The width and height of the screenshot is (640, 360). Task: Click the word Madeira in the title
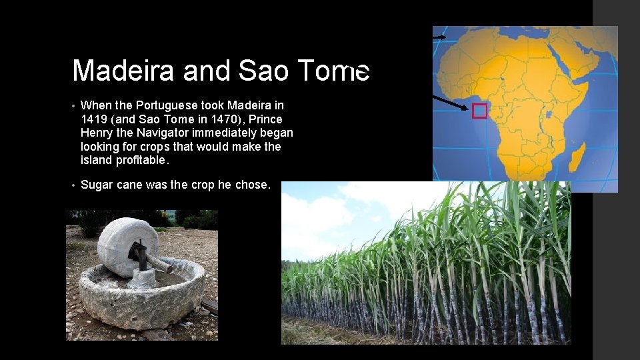123,71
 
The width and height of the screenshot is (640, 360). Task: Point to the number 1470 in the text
246,119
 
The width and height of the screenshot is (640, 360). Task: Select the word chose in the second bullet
252,185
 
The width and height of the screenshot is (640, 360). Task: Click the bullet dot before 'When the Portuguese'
74,106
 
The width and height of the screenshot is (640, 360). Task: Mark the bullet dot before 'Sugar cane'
74,185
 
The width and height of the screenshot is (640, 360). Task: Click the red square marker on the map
479,111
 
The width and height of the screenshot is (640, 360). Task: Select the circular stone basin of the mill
140,297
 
